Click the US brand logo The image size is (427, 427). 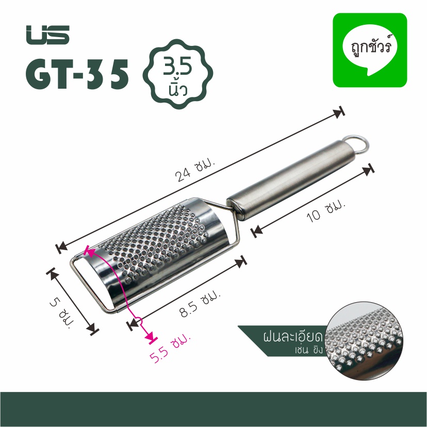coord(47,35)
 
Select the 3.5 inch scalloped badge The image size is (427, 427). coord(178,74)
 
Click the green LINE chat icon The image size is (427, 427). coord(370,50)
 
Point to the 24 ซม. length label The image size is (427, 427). coord(195,171)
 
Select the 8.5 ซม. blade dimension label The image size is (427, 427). coord(201,304)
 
